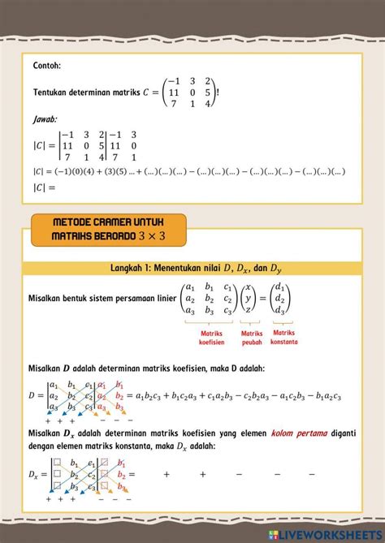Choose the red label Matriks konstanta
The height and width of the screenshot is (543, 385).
pos(284,337)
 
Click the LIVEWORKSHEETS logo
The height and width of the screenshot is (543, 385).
pos(329,532)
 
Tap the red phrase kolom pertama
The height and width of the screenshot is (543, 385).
pos(300,433)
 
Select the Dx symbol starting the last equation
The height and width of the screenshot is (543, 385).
pos(36,472)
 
